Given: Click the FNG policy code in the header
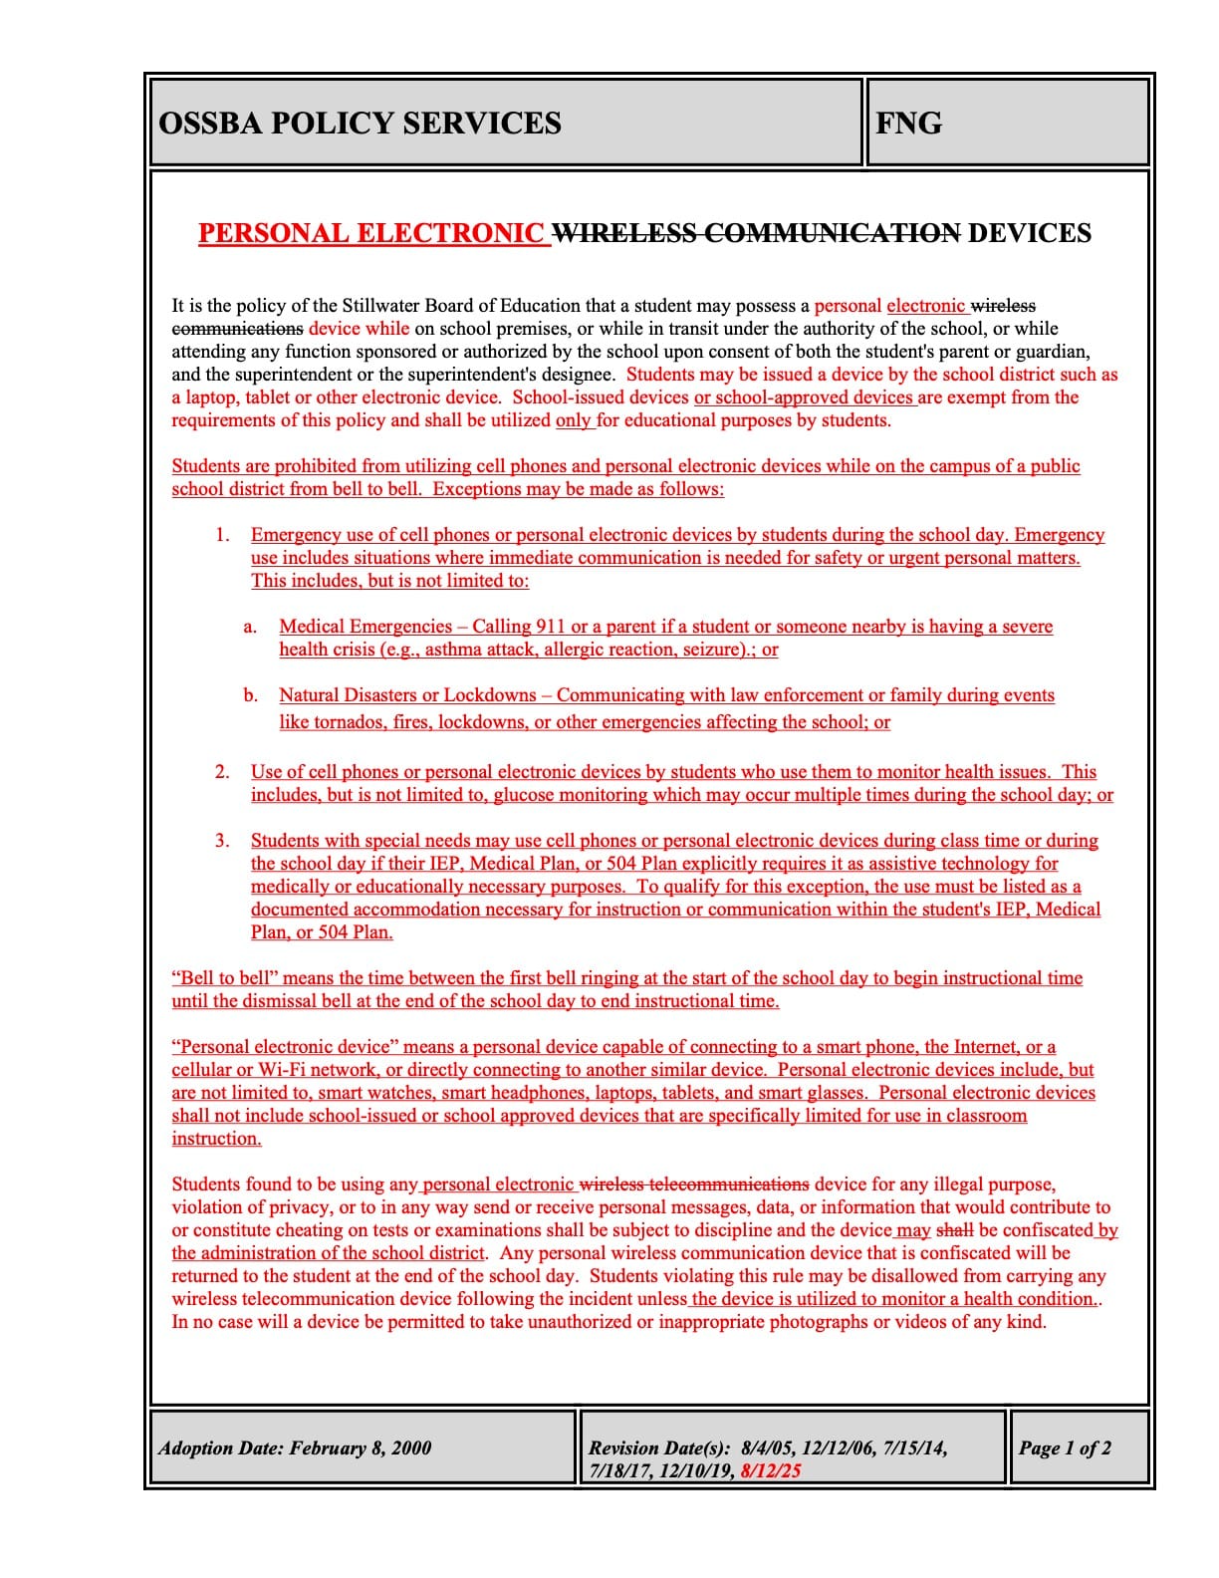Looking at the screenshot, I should click(908, 124).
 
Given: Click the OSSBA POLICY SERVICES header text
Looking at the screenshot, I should click(360, 124).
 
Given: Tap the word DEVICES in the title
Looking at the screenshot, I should click(1030, 233).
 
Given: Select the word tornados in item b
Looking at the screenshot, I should click(349, 722).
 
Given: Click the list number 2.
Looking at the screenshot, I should click(222, 772).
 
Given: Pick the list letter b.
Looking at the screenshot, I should click(250, 695).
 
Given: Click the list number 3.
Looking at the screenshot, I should click(222, 841).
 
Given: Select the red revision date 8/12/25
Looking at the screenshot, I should click(771, 1470).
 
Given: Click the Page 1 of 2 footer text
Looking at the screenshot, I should click(1064, 1448).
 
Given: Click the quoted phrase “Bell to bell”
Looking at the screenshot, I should click(225, 978).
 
